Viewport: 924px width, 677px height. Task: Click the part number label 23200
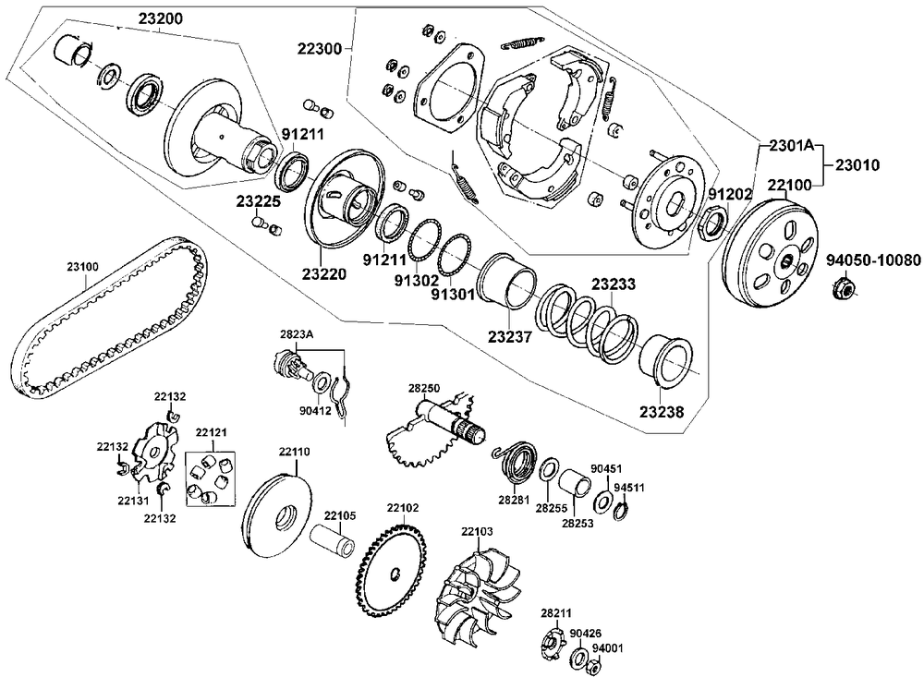coord(160,18)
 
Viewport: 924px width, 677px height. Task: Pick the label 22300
coord(319,48)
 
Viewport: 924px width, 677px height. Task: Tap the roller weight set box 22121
coord(210,478)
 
